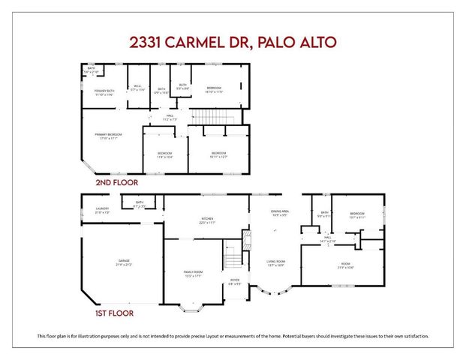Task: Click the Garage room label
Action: [x=123, y=261]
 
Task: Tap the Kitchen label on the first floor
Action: [x=207, y=220]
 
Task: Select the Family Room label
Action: [x=194, y=272]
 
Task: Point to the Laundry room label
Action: [x=103, y=209]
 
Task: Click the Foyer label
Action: [x=235, y=281]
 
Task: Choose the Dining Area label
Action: [x=281, y=212]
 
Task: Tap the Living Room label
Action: [x=276, y=261]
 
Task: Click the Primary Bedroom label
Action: [x=108, y=136]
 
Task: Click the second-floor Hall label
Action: [x=170, y=116]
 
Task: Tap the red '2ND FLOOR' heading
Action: [x=116, y=181]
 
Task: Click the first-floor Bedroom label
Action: [x=357, y=215]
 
